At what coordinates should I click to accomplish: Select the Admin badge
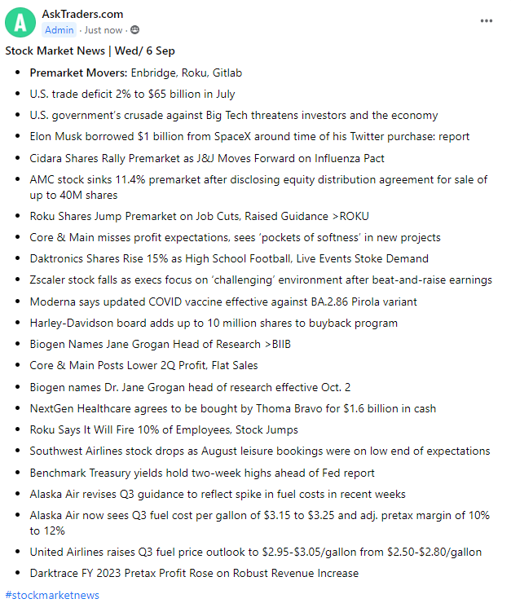[x=59, y=30]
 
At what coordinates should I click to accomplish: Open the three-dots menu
[x=487, y=20]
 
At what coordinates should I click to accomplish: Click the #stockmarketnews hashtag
[x=52, y=595]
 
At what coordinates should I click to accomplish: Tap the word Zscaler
[x=50, y=280]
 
